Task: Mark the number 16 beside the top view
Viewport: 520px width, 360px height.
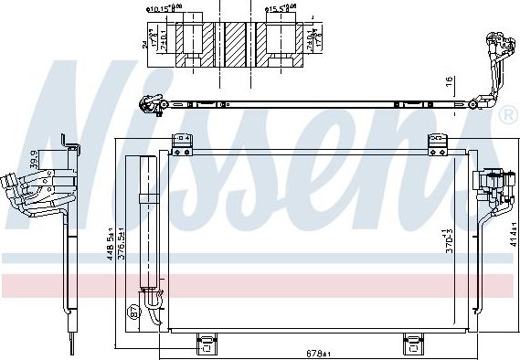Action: [x=450, y=82]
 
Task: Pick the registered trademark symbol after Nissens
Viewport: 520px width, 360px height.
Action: [x=506, y=115]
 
